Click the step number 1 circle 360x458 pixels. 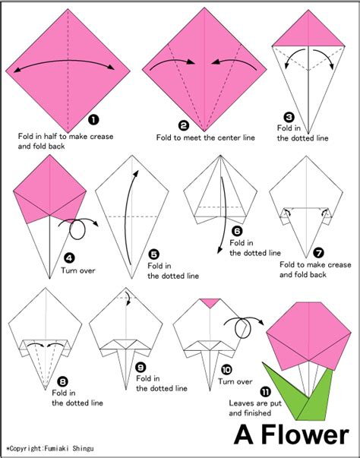[x=93, y=119]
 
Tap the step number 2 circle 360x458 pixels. [x=183, y=125]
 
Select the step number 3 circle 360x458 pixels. [x=289, y=117]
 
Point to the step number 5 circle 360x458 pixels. [x=154, y=254]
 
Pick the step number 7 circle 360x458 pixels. [x=318, y=251]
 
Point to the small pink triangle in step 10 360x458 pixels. [x=210, y=304]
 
